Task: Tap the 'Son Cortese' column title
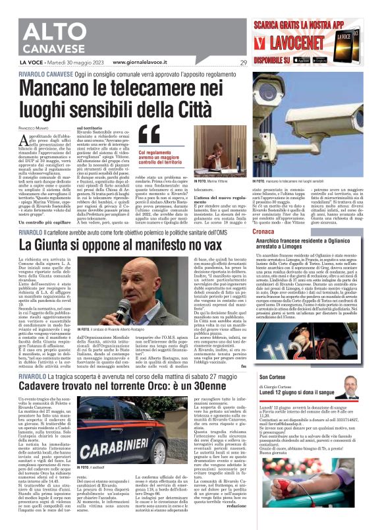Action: (x=292, y=376)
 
